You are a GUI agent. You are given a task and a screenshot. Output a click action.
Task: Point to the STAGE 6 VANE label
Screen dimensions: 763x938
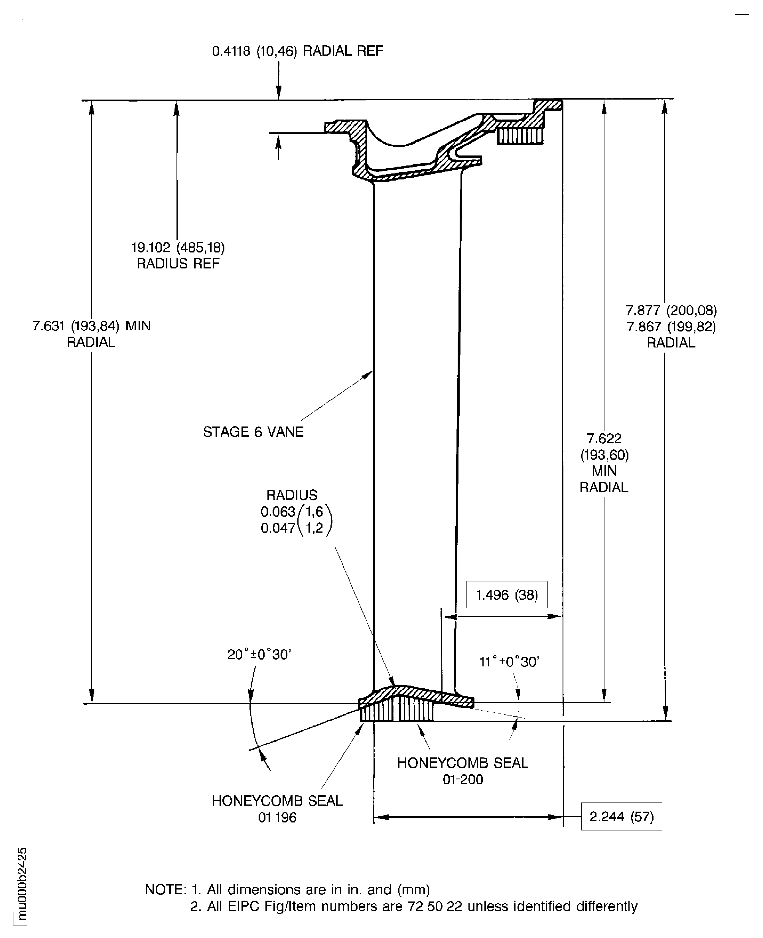click(253, 432)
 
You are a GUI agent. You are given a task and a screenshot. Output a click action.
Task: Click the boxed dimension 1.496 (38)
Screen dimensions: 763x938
click(507, 595)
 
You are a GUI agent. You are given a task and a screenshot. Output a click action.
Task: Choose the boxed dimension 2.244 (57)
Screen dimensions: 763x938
click(622, 817)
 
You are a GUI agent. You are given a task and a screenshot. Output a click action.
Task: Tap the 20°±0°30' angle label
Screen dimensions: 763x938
click(259, 654)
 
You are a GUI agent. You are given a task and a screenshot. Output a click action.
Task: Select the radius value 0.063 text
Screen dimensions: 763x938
click(278, 512)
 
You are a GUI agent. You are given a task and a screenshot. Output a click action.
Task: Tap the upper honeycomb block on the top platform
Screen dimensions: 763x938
click(520, 136)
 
